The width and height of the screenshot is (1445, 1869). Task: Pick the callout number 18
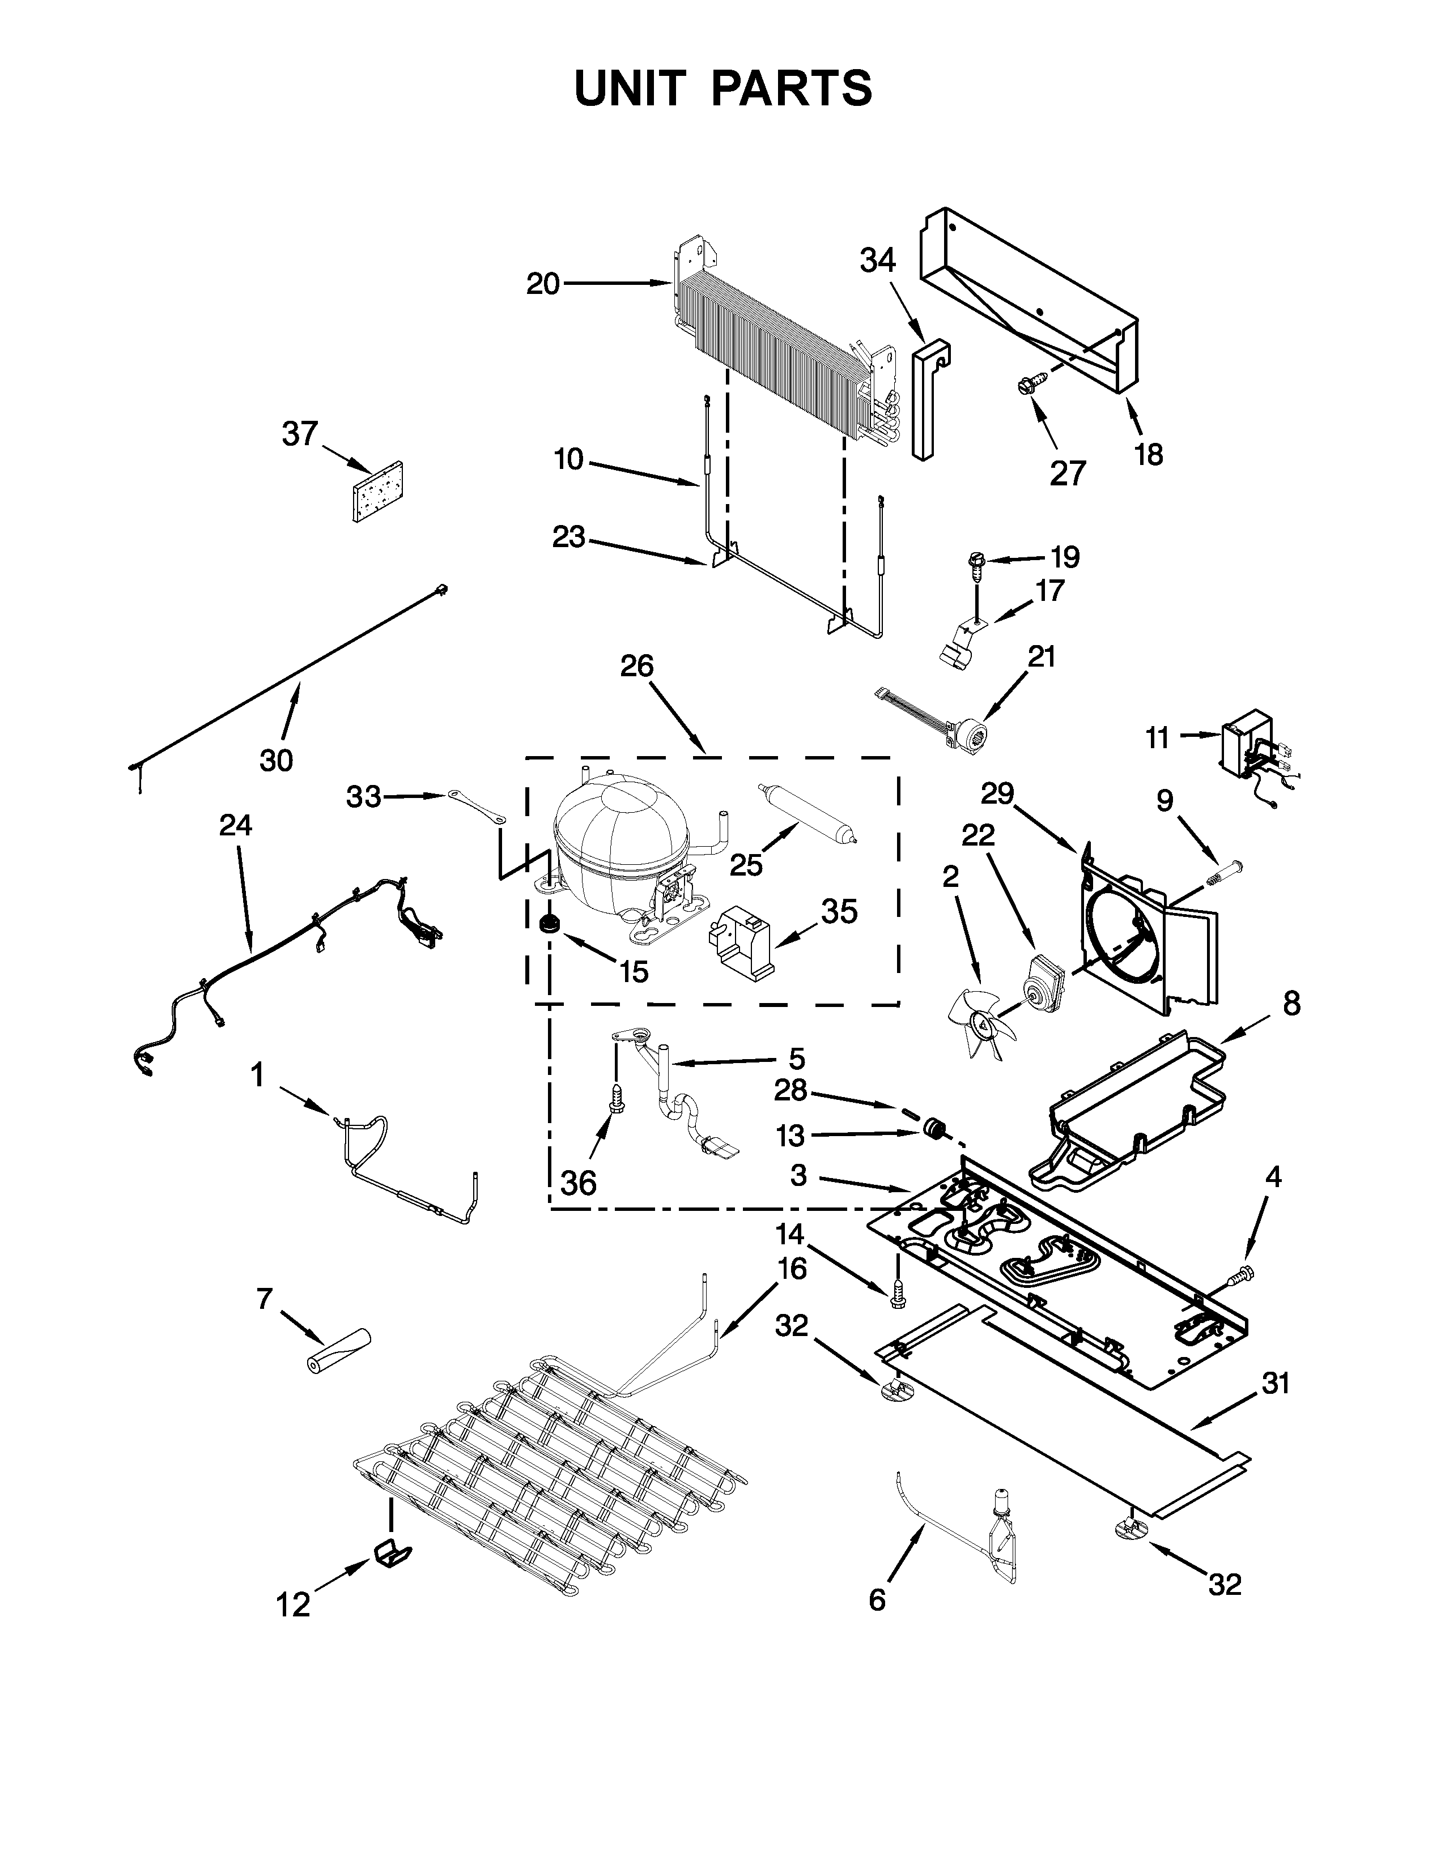point(1149,454)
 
